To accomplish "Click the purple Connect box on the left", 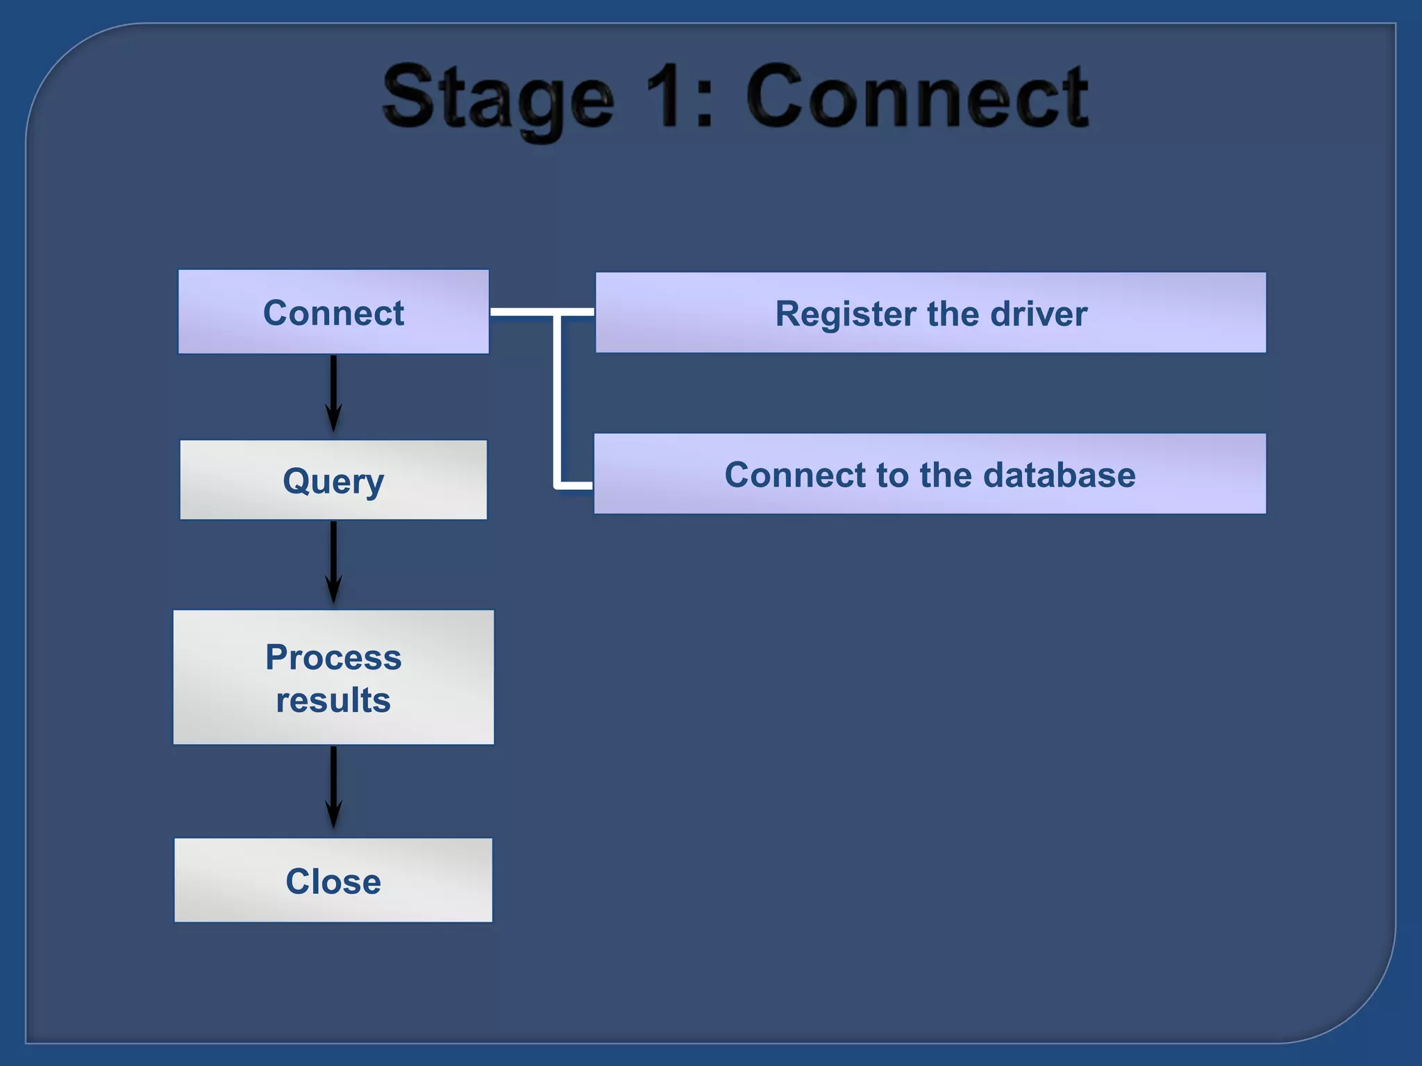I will pos(333,312).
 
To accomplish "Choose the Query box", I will pos(333,480).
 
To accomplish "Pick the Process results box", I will pos(333,677).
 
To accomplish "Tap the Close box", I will pos(333,880).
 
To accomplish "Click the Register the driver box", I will pos(930,312).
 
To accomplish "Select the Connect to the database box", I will pos(930,474).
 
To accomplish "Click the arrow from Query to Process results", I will pos(333,562).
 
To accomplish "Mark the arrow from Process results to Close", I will pos(333,788).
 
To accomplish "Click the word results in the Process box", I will pos(333,700).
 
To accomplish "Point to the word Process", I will pos(333,657).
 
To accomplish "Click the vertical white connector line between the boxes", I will pos(557,403).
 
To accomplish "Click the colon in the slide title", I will pos(703,104).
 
